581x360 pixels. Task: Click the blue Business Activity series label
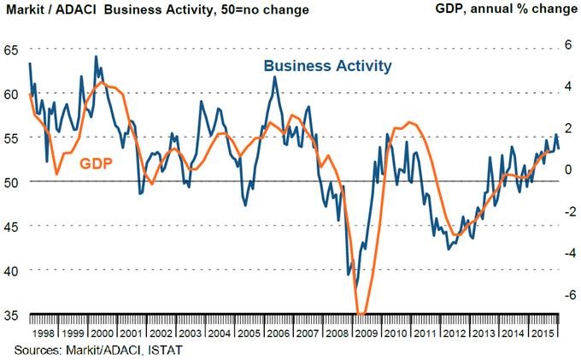click(328, 66)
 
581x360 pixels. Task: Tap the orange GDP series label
click(97, 163)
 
